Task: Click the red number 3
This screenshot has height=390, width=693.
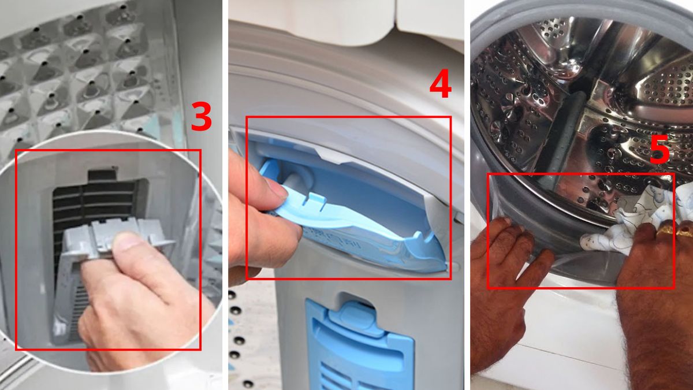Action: (201, 117)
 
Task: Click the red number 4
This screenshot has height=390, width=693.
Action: (439, 86)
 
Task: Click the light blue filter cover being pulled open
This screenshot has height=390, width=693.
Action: (370, 231)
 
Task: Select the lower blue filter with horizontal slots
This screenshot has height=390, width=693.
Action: (358, 352)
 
